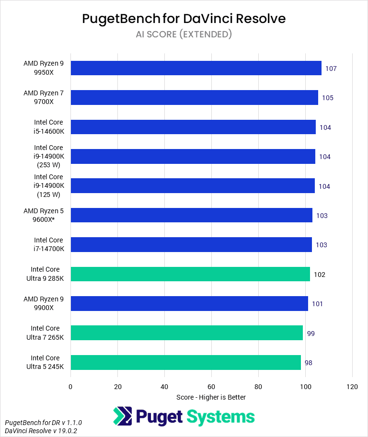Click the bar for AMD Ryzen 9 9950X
196,68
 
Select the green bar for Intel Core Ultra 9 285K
190,274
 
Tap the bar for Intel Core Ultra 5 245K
185,362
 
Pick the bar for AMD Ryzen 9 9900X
189,303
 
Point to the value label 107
331,69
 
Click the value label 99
310,333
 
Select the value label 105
328,98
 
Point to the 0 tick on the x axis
70,386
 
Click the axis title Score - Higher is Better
211,397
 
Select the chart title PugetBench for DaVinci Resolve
184,19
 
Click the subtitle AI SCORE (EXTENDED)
184,34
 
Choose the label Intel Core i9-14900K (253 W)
48,156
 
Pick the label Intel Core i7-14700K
48,244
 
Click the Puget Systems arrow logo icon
123,416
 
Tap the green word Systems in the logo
220,416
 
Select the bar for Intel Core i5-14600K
193,127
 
